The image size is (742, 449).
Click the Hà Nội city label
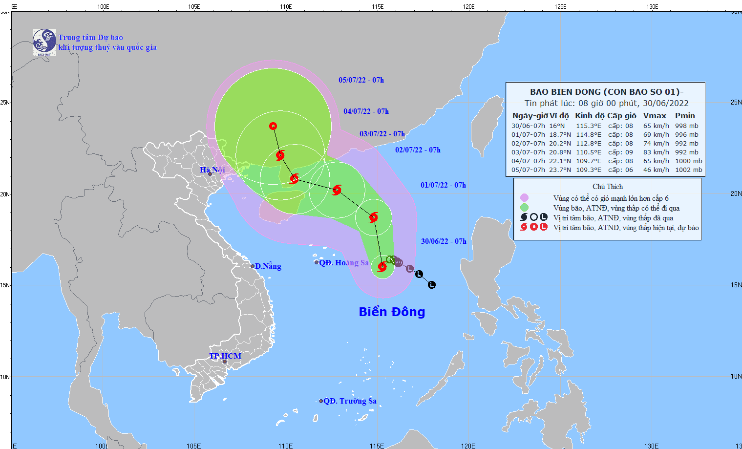[212, 170]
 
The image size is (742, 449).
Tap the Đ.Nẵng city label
[268, 266]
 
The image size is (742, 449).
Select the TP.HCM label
[225, 356]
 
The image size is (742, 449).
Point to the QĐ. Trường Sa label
[350, 401]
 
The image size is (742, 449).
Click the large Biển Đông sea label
[392, 312]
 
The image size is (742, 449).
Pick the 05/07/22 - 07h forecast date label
[361, 80]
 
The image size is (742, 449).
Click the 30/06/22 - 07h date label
[444, 241]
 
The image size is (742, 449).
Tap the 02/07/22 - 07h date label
[418, 150]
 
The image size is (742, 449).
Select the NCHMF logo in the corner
[44, 42]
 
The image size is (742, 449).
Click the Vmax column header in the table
[655, 116]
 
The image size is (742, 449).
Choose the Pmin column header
[685, 116]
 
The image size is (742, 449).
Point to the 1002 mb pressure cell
[688, 170]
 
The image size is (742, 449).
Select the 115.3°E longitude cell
[589, 126]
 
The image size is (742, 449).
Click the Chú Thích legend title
[608, 187]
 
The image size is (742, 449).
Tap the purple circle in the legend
[524, 198]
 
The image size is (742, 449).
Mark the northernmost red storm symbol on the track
[273, 126]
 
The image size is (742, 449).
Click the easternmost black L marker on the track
[432, 285]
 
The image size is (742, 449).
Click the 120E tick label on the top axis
[468, 7]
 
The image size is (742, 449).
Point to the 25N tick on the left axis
[5, 103]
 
